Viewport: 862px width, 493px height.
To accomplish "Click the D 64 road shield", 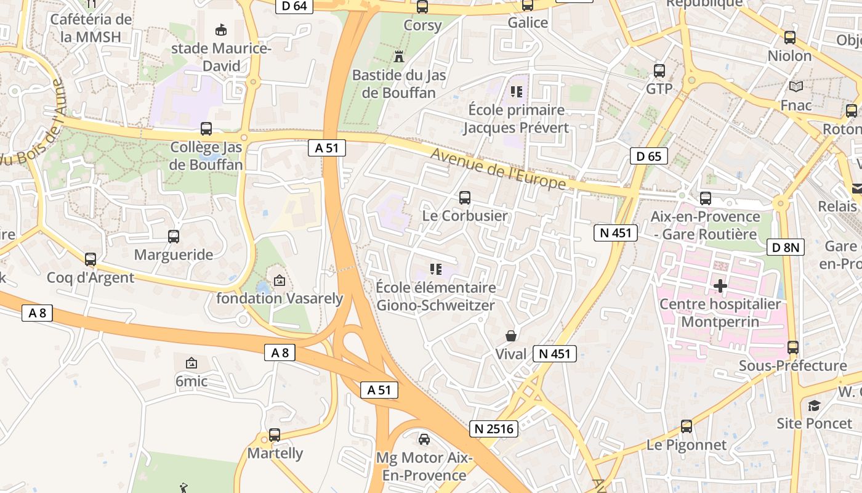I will point(294,6).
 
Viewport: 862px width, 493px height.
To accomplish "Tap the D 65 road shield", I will point(649,156).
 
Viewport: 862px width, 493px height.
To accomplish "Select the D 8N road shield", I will point(786,248).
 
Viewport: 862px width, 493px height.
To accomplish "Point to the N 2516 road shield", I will point(493,429).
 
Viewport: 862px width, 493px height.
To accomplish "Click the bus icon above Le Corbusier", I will point(465,198).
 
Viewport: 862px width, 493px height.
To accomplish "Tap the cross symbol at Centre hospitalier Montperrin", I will point(720,286).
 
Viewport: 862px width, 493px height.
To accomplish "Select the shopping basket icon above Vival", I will point(511,336).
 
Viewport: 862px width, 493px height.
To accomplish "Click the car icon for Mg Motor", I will point(424,439).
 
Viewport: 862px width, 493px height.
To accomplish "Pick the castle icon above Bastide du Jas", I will point(399,57).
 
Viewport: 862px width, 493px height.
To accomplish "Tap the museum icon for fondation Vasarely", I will point(279,280).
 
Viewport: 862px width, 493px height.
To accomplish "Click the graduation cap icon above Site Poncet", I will point(814,405).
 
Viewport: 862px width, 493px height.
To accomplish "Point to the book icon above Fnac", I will point(796,87).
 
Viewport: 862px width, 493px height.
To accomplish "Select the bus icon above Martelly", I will point(275,434).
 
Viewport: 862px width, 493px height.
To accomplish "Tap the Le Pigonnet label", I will point(687,445).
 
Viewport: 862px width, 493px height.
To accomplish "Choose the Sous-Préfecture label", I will point(792,366).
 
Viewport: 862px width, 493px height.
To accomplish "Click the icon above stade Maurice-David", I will point(220,30).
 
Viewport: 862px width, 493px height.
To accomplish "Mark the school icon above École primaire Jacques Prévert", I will point(516,92).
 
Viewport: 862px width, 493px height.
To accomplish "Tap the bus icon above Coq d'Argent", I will point(91,259).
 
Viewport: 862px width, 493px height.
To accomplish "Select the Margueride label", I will point(174,255).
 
